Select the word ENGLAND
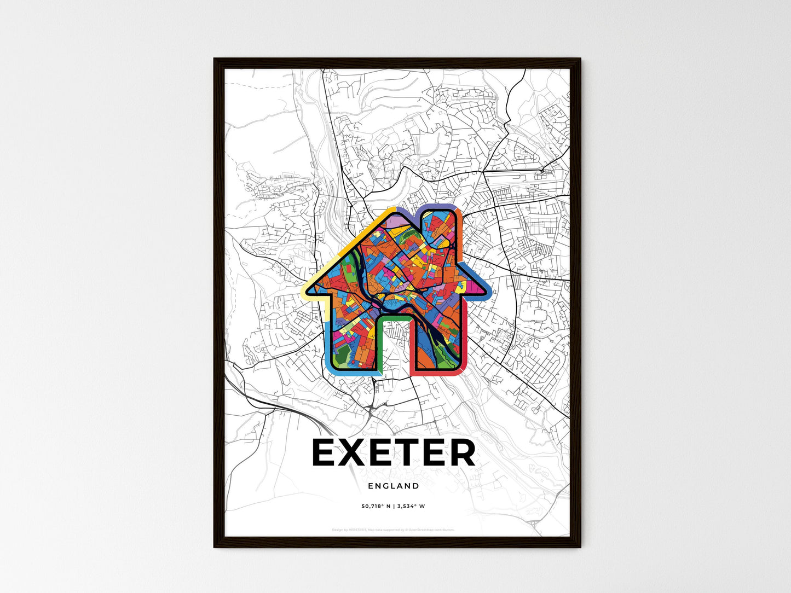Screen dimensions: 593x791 394,486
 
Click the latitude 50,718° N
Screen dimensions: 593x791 372,506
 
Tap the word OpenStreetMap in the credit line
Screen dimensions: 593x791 422,530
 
